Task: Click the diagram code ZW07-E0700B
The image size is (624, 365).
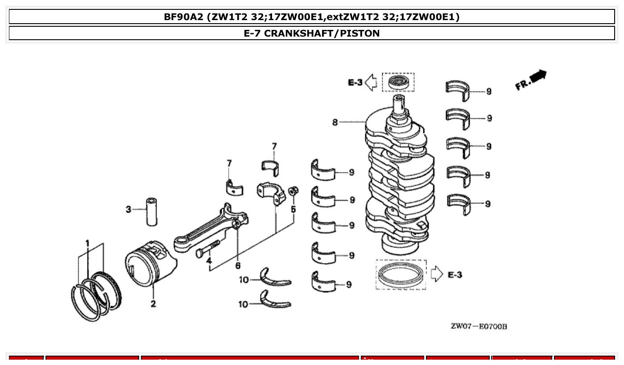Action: [x=479, y=327]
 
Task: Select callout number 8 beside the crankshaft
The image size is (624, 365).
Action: [x=335, y=122]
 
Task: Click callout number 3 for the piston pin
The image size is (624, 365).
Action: [x=128, y=209]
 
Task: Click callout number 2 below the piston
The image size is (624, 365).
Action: [x=153, y=304]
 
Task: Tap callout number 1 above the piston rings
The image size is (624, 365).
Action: [x=88, y=243]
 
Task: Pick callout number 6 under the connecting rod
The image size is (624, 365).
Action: [x=238, y=266]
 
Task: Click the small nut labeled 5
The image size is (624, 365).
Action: [x=293, y=191]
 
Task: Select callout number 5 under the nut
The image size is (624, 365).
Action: [x=293, y=209]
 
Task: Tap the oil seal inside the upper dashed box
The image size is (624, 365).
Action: [x=398, y=82]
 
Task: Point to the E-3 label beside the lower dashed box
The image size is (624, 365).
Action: [x=455, y=274]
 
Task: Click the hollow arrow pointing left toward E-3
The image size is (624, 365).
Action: [x=371, y=82]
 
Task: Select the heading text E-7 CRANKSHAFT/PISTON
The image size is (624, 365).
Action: [x=312, y=33]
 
